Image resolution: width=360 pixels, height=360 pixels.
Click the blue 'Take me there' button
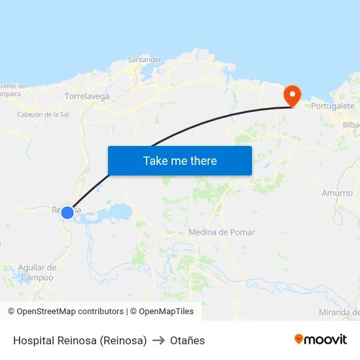click(x=179, y=160)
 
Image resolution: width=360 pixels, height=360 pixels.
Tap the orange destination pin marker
click(x=291, y=96)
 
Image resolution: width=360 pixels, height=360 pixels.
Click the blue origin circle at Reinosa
click(x=67, y=212)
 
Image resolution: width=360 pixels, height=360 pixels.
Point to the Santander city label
click(x=145, y=60)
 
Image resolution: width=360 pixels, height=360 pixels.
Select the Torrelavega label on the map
click(x=87, y=96)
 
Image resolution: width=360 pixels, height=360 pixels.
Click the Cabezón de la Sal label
click(x=43, y=114)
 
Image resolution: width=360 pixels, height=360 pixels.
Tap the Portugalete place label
click(x=333, y=105)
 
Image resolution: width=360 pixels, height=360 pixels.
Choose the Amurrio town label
click(x=337, y=193)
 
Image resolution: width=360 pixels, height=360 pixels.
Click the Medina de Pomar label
click(x=221, y=232)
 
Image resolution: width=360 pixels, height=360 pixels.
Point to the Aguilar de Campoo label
click(x=37, y=272)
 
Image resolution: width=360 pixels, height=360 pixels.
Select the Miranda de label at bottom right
click(x=339, y=312)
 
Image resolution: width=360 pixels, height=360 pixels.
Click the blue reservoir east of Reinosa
click(x=120, y=211)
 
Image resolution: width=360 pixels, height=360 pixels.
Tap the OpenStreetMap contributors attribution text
click(x=65, y=312)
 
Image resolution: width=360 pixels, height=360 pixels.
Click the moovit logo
click(x=321, y=339)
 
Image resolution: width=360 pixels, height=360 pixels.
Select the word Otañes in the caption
click(x=187, y=340)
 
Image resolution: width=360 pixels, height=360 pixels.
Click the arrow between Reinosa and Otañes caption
click(x=158, y=340)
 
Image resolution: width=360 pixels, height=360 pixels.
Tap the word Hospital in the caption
click(x=32, y=340)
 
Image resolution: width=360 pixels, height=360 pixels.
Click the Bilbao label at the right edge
click(x=351, y=124)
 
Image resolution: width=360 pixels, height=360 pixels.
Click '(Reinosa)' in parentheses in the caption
click(x=123, y=340)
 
